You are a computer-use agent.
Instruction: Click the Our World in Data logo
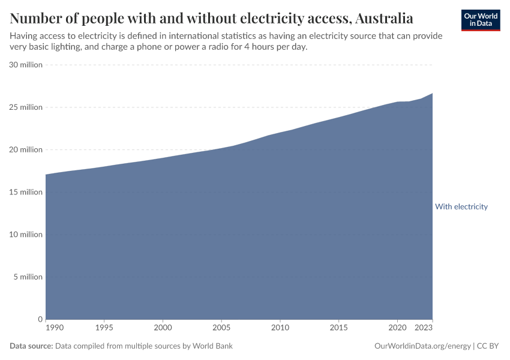point(481,20)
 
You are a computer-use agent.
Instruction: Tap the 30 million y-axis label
point(26,65)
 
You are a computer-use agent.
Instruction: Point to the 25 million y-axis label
point(26,107)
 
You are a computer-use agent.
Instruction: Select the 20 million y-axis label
point(26,150)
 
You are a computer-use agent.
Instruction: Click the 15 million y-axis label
point(26,192)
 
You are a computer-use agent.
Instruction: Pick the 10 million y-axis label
point(26,235)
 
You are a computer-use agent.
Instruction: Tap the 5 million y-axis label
point(28,277)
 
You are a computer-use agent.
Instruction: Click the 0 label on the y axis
point(40,319)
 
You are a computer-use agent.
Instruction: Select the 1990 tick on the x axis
point(55,328)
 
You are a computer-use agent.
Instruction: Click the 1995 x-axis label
point(104,328)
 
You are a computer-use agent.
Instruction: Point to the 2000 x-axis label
point(163,328)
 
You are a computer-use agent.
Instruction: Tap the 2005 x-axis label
point(221,328)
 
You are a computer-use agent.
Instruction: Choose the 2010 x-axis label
point(280,328)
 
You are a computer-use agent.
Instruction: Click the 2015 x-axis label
point(338,328)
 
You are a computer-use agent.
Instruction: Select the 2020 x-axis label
point(397,328)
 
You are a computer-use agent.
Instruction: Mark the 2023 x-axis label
point(424,328)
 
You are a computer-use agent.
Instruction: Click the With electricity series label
point(461,206)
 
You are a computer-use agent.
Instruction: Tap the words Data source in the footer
point(31,346)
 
